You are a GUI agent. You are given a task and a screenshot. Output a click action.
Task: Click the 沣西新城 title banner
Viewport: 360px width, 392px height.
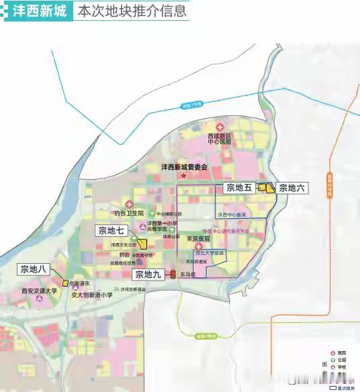[36, 11]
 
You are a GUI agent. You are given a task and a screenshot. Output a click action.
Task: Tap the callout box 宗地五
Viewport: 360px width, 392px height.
[238, 188]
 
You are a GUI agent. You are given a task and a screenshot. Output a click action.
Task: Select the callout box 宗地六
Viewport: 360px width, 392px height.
[291, 189]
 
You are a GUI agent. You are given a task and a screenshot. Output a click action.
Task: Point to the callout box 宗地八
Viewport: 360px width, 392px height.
[33, 269]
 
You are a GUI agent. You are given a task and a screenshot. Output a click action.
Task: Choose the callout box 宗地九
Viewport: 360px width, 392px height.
[148, 274]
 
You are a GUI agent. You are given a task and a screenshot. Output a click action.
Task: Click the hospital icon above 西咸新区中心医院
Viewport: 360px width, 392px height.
[219, 127]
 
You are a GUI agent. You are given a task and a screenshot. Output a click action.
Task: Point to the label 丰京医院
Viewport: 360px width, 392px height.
[198, 238]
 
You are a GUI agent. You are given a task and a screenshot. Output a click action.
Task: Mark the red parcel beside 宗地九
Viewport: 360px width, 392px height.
[173, 274]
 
